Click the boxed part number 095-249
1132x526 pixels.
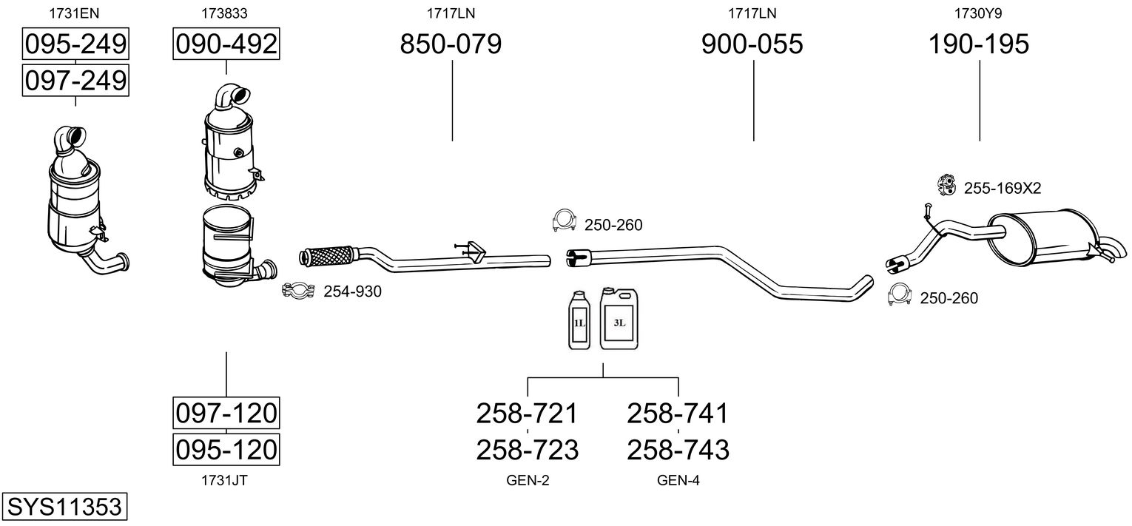tap(75, 44)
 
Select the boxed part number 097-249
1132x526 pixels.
tap(75, 80)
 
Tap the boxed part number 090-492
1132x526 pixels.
tap(226, 44)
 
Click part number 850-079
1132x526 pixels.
tap(451, 44)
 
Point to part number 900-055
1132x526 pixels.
tap(752, 44)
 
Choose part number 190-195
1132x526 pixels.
tap(979, 44)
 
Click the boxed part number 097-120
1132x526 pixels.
tap(226, 413)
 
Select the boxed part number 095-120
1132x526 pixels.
tap(226, 448)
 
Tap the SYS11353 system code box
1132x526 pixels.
tap(64, 508)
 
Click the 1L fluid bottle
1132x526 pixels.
tap(579, 322)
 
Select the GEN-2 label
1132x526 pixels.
tap(528, 481)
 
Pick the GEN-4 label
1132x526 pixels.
tap(678, 481)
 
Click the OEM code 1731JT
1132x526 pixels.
tap(224, 480)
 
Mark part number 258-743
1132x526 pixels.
tap(678, 449)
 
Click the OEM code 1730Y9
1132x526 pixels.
tap(979, 13)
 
